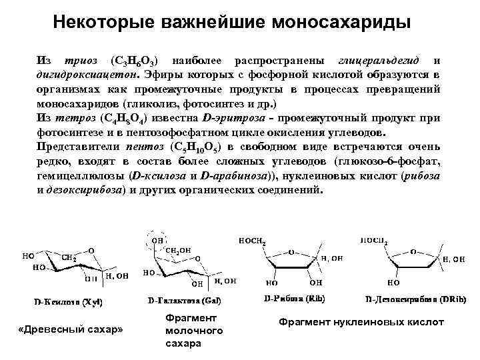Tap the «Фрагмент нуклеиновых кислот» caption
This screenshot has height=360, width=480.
361,322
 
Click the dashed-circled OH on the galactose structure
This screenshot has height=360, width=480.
158,239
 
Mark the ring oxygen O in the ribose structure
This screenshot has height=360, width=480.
289,252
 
